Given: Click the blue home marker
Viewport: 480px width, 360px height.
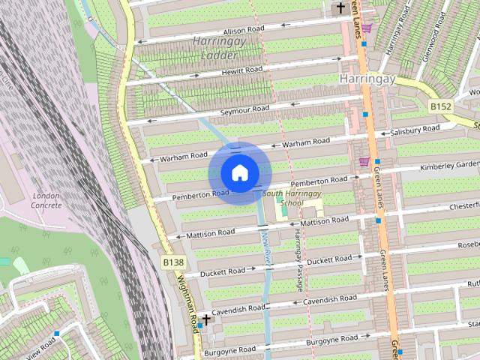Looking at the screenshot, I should [238, 172].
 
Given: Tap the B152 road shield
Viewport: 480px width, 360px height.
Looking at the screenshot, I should [441, 107].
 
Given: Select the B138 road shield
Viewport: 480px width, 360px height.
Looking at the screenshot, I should [173, 262].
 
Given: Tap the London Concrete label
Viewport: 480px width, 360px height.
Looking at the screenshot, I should [46, 200].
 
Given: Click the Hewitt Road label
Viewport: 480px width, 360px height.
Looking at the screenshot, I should [241, 70].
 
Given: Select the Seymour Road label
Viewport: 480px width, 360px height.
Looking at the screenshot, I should [244, 109].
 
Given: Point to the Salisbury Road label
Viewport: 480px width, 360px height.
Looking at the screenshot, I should [415, 130].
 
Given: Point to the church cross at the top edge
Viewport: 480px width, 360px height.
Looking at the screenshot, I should [341, 8].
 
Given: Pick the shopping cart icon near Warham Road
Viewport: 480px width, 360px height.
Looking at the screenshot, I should [364, 161].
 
